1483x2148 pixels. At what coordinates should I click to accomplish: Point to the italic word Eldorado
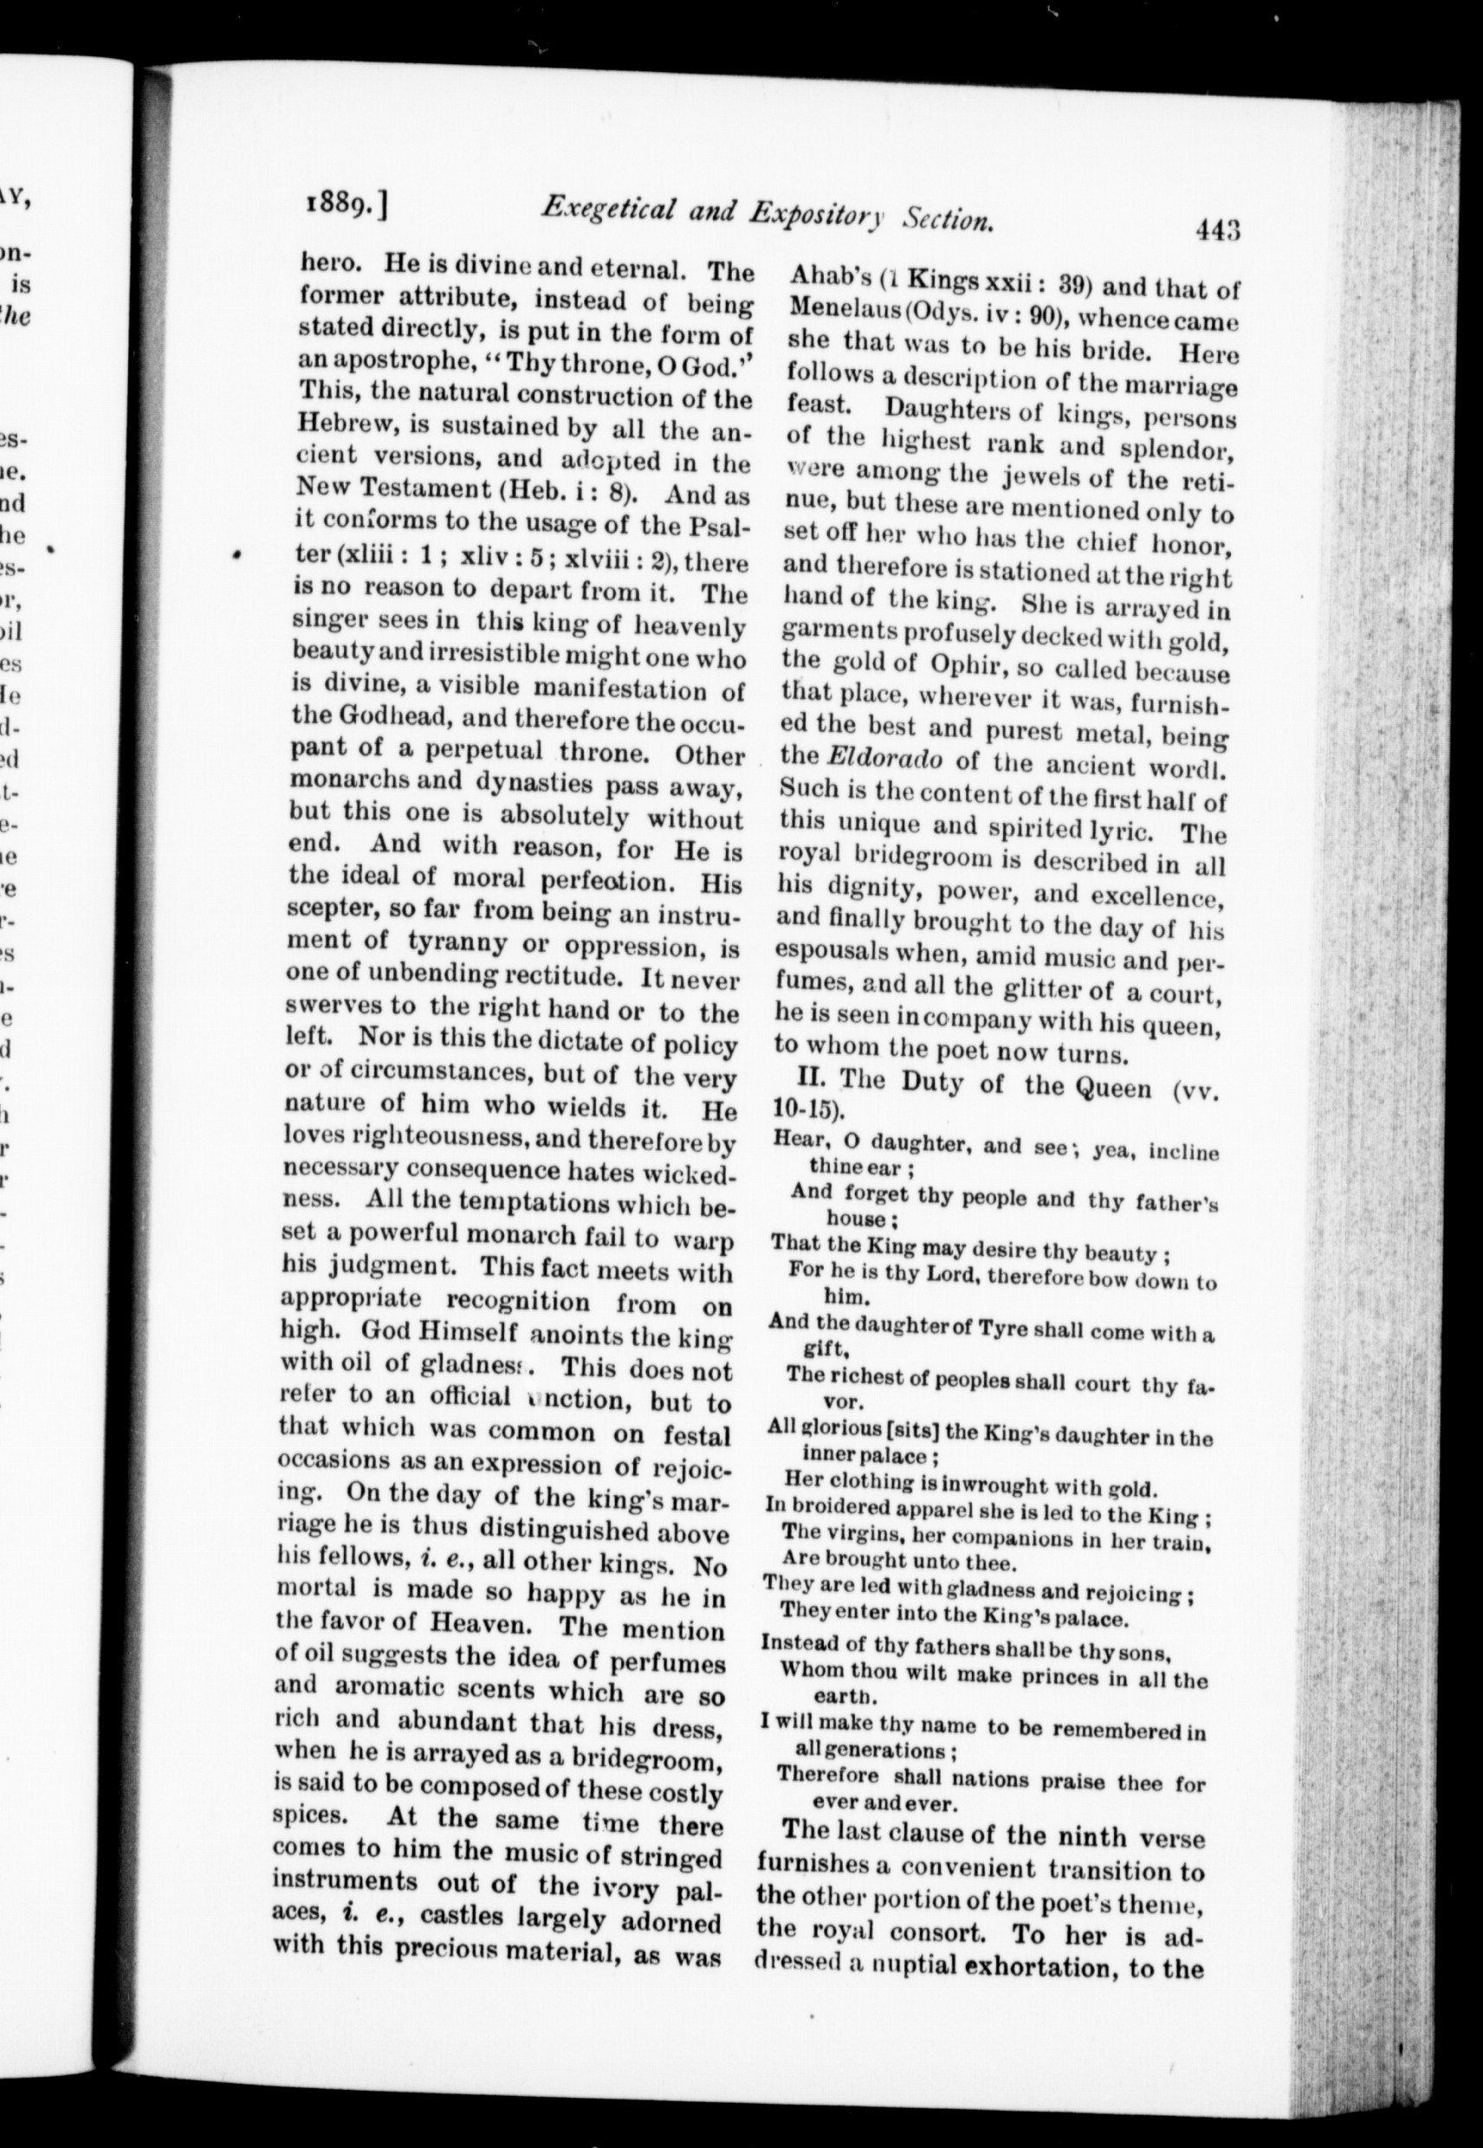884,757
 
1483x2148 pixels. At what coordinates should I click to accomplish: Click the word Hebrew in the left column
341,430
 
